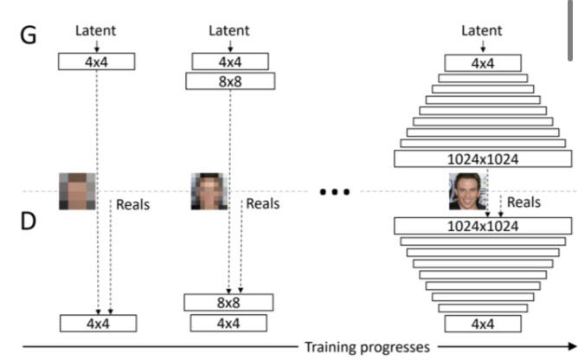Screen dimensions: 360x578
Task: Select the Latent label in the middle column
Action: (229, 31)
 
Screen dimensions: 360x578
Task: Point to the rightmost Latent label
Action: (482, 31)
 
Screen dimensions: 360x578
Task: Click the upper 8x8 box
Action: (229, 80)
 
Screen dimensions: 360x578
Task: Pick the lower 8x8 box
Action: (229, 302)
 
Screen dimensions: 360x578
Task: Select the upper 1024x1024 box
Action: (482, 158)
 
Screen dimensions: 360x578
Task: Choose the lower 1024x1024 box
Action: (482, 225)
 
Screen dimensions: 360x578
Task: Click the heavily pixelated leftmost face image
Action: (75, 191)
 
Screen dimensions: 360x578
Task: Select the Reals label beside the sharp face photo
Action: (523, 202)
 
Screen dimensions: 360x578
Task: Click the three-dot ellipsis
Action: (333, 191)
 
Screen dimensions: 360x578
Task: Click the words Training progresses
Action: (366, 347)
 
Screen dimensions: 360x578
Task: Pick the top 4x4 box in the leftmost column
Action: (97, 61)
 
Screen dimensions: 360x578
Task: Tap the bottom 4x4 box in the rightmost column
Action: (482, 324)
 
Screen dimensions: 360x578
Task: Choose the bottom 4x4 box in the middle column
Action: (229, 323)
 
